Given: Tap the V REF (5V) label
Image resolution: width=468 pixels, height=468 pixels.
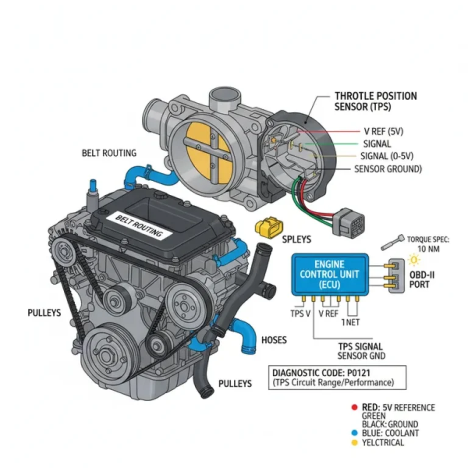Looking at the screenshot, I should (383, 131).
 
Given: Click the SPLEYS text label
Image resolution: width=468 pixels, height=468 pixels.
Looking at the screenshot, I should (296, 239).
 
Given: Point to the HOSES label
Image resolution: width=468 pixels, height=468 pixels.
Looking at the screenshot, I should (274, 339).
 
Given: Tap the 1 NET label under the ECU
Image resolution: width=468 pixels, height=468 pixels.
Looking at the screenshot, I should (353, 322).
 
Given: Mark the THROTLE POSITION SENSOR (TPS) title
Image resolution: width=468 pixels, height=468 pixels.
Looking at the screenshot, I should (375, 101).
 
